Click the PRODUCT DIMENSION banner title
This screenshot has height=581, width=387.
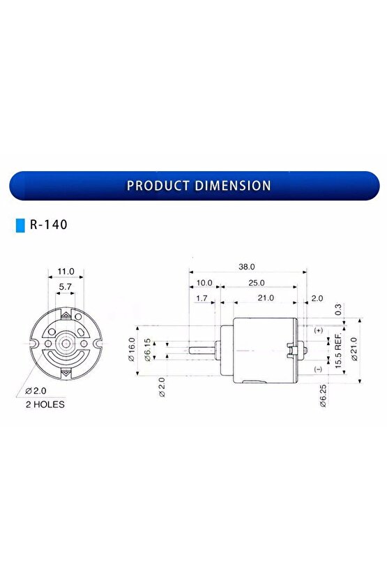tap(199, 186)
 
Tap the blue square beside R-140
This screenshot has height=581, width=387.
tap(20, 226)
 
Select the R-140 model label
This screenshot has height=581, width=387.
tap(48, 226)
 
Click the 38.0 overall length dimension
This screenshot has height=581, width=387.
tap(247, 267)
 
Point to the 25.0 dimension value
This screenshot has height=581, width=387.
tap(256, 282)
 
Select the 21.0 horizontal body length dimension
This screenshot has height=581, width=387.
tap(265, 297)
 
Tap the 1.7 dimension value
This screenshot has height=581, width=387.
tap(202, 297)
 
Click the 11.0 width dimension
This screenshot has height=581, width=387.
tap(66, 271)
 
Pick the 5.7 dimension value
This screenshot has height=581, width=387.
tap(65, 286)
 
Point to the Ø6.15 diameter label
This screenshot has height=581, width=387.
tap(147, 348)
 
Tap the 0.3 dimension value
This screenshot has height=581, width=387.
tap(337, 308)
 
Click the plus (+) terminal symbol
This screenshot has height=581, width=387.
tap(319, 330)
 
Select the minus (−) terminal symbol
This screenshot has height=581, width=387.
tap(319, 369)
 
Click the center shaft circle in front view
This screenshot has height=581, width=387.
tap(66, 344)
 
